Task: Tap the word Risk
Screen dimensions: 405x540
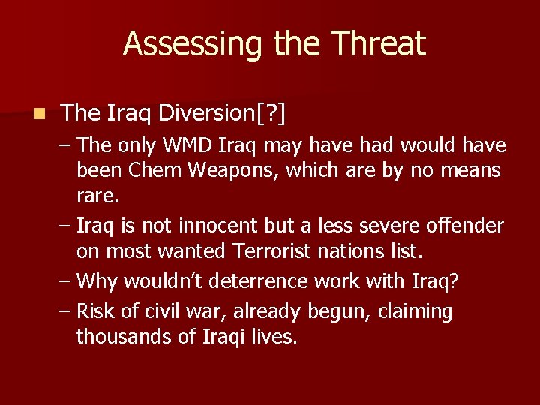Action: [x=96, y=310]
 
